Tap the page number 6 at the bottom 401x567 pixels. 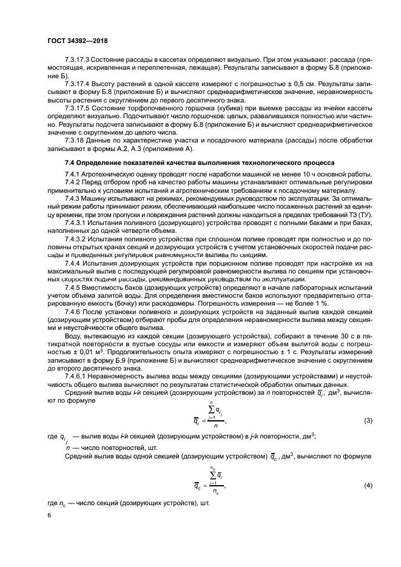(49, 515)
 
